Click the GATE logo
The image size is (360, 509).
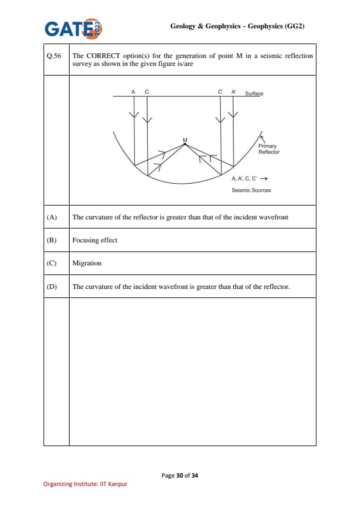73,28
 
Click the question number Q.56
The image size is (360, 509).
54,56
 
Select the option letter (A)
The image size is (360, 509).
51,217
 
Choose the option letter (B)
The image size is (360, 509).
51,240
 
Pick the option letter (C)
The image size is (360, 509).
51,263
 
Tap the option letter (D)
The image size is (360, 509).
51,287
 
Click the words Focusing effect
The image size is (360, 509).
94,240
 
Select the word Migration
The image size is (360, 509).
87,263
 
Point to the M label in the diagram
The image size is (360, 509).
185,140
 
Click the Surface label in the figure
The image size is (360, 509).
254,94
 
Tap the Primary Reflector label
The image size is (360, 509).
269,149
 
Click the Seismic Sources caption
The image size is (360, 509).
251,190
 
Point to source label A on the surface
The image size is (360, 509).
133,92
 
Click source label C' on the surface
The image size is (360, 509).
220,92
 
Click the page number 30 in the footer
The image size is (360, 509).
180,476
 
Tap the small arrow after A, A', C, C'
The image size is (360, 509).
264,178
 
